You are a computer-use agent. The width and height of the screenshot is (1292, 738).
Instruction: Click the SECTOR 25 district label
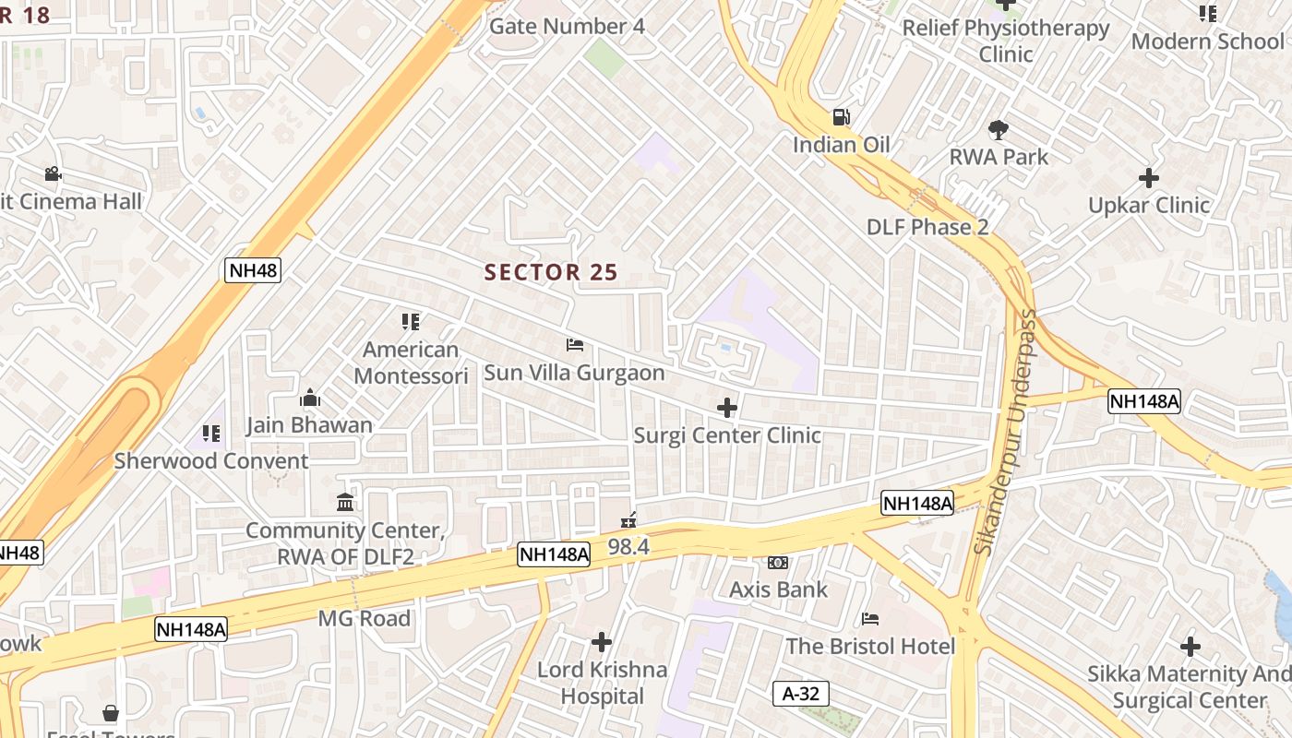click(x=551, y=272)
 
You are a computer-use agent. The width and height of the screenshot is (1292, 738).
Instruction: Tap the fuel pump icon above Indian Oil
click(x=841, y=117)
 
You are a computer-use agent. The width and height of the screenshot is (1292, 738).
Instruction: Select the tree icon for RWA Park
click(x=998, y=129)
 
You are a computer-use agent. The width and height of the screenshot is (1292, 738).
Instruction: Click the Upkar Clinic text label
click(x=1148, y=205)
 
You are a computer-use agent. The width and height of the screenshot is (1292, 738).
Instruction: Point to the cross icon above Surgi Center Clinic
click(x=727, y=407)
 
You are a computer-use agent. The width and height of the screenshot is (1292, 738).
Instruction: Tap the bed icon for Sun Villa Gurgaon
click(x=574, y=345)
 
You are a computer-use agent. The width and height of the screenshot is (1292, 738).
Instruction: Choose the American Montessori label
click(x=411, y=363)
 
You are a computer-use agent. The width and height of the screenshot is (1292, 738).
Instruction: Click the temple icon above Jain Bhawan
click(x=310, y=398)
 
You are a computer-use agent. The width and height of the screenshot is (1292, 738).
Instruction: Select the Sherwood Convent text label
click(x=211, y=460)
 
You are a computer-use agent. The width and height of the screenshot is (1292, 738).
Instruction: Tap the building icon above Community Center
click(x=345, y=503)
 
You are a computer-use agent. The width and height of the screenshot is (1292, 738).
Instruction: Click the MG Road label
click(x=365, y=618)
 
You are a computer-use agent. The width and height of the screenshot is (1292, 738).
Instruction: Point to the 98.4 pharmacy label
click(x=628, y=546)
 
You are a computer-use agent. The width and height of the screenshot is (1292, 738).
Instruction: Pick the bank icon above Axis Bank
click(x=778, y=562)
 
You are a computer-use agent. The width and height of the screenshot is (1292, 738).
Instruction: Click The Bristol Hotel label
click(x=869, y=646)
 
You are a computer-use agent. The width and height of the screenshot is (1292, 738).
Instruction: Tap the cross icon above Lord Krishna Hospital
click(x=602, y=641)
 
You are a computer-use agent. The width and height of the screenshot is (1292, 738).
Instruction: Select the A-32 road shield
click(x=800, y=694)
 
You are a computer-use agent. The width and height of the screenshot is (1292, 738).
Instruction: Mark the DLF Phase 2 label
click(x=927, y=227)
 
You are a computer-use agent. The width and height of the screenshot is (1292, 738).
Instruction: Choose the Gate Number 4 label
click(x=567, y=26)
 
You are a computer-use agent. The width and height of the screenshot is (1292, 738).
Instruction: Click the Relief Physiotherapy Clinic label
click(x=1006, y=41)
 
